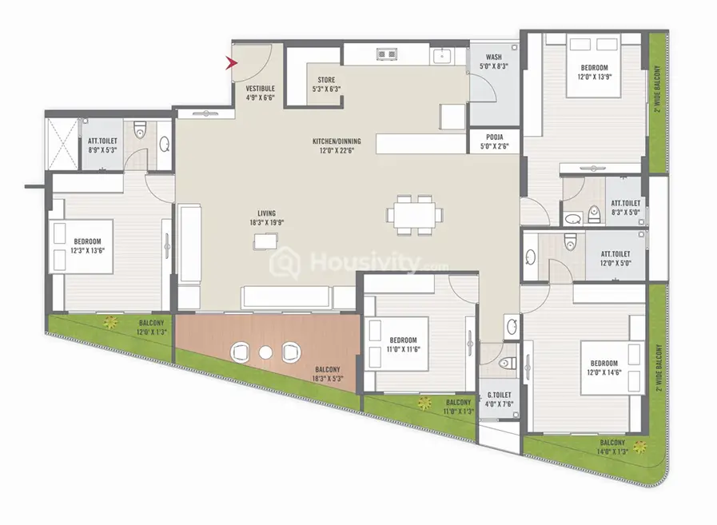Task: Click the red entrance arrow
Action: pyautogui.click(x=231, y=63)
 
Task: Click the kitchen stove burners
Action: pyautogui.click(x=386, y=54)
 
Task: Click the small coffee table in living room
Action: pyautogui.click(x=265, y=241)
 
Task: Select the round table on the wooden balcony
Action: pyautogui.click(x=265, y=352)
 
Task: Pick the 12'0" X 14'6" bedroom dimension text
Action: pyautogui.click(x=604, y=372)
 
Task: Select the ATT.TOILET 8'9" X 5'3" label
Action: pyautogui.click(x=102, y=145)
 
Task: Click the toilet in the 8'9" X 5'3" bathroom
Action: pyautogui.click(x=140, y=130)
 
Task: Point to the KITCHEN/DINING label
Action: pyautogui.click(x=337, y=145)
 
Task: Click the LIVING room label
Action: pyautogui.click(x=266, y=218)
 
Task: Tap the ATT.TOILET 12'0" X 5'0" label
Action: pyautogui.click(x=615, y=258)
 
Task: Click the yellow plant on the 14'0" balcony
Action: pyautogui.click(x=640, y=447)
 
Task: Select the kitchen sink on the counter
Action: pyautogui.click(x=442, y=56)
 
